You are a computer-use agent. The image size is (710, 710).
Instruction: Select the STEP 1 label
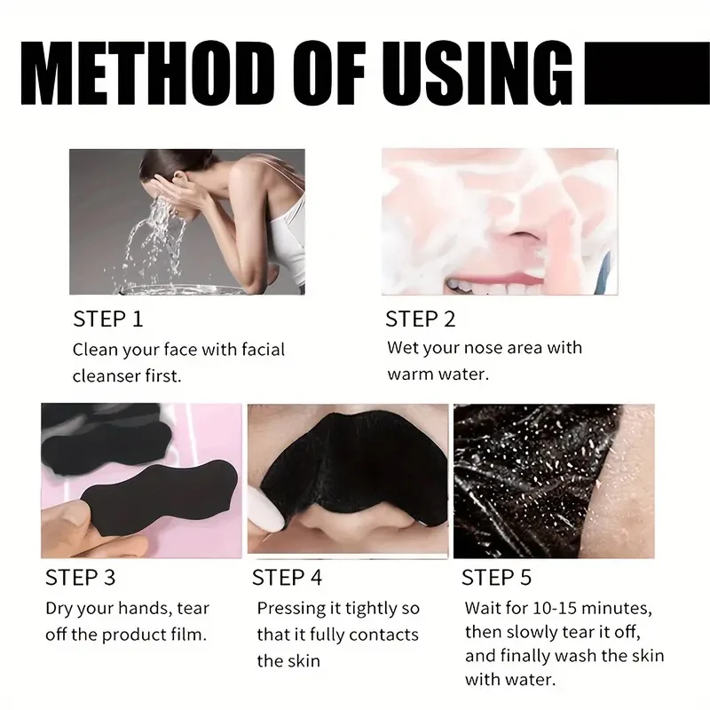(x=107, y=319)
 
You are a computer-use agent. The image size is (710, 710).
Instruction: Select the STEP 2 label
(x=420, y=319)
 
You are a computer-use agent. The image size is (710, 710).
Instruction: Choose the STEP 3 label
(x=80, y=578)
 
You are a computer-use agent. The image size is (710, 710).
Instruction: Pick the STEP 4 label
(x=287, y=578)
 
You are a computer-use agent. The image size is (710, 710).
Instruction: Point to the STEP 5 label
(x=496, y=578)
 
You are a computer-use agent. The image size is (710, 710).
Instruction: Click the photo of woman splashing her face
(x=186, y=221)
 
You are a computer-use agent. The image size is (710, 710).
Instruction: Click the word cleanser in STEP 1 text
(x=107, y=375)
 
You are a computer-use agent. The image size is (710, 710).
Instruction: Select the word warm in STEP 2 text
(x=412, y=374)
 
